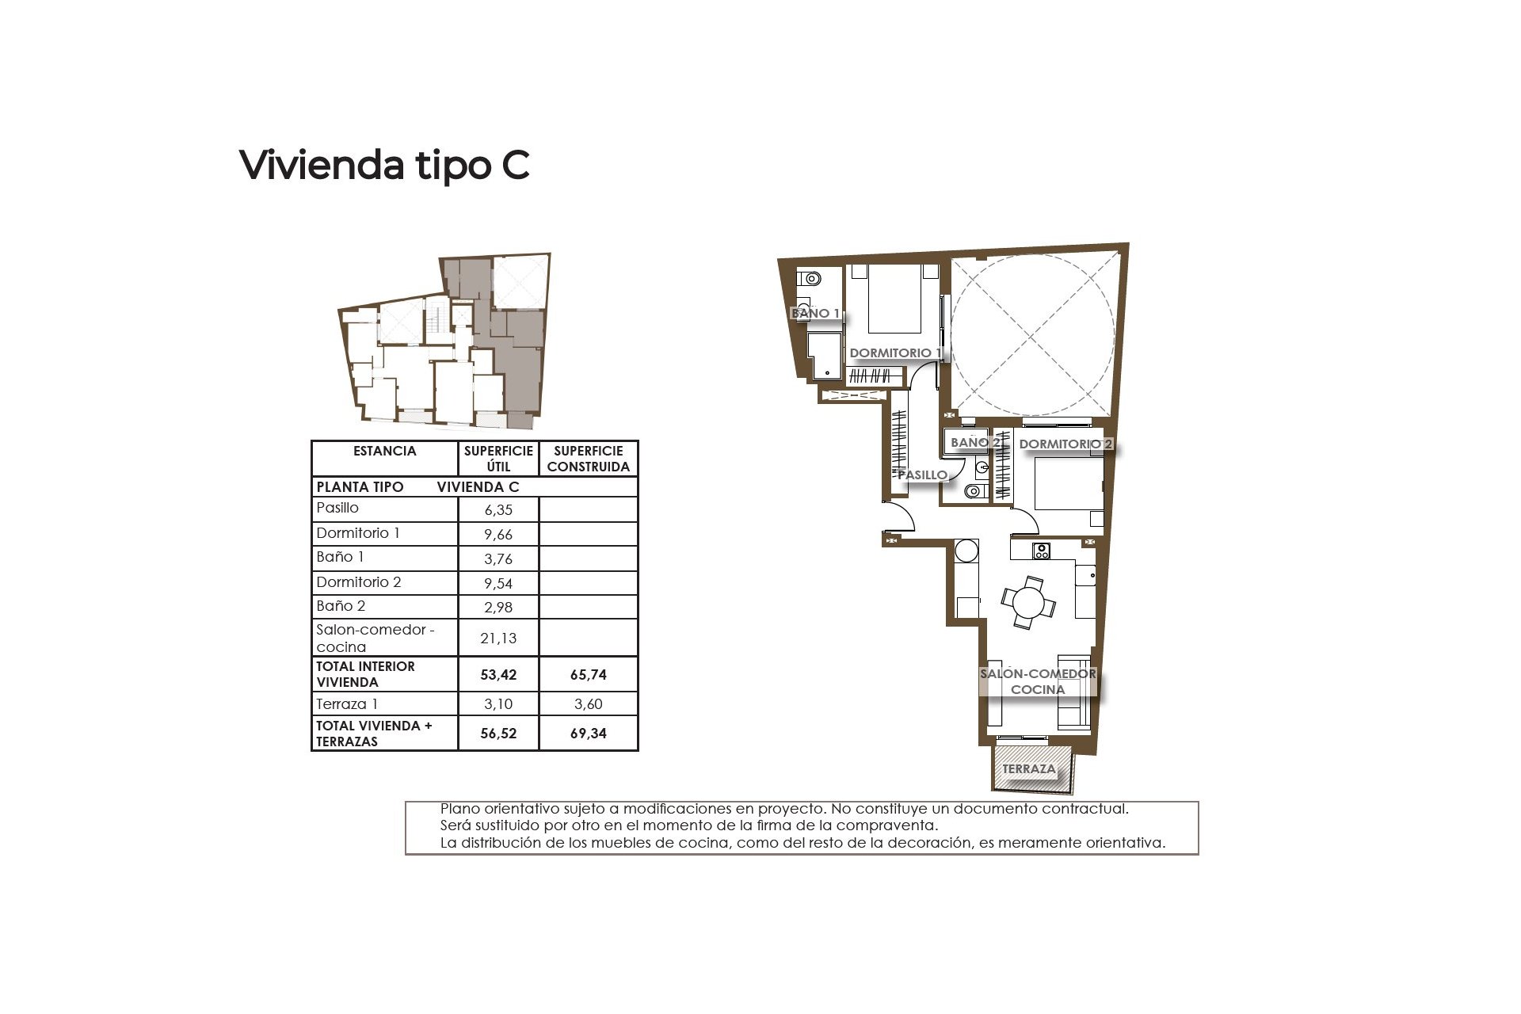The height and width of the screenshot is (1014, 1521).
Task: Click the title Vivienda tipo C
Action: pyautogui.click(x=384, y=165)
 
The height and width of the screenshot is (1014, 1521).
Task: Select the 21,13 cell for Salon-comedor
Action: pyautogui.click(x=498, y=638)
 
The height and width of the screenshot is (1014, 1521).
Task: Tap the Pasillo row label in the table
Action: pyautogui.click(x=337, y=508)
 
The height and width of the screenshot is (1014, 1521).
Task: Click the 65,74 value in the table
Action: pyautogui.click(x=588, y=675)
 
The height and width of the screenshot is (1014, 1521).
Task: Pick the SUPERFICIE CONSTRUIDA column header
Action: pyautogui.click(x=588, y=459)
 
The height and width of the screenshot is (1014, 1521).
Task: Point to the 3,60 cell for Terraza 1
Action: pyautogui.click(x=588, y=704)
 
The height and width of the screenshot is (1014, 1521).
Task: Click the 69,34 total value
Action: pyautogui.click(x=588, y=734)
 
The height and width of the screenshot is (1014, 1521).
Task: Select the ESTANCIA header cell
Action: pyautogui.click(x=384, y=451)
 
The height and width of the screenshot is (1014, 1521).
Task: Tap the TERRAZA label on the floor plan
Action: pyautogui.click(x=1028, y=769)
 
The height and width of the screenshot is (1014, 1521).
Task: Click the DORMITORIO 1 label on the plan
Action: pyautogui.click(x=895, y=353)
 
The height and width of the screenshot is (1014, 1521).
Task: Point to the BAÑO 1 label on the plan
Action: pyautogui.click(x=815, y=314)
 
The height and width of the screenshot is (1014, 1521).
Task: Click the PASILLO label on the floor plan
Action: pyautogui.click(x=922, y=475)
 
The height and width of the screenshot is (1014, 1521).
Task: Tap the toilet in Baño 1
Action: pyautogui.click(x=810, y=279)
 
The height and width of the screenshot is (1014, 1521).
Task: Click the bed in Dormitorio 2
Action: pyautogui.click(x=1065, y=484)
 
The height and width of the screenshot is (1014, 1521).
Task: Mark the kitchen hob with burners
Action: pyautogui.click(x=1041, y=549)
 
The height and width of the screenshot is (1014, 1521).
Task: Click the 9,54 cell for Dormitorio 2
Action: pyautogui.click(x=498, y=583)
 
